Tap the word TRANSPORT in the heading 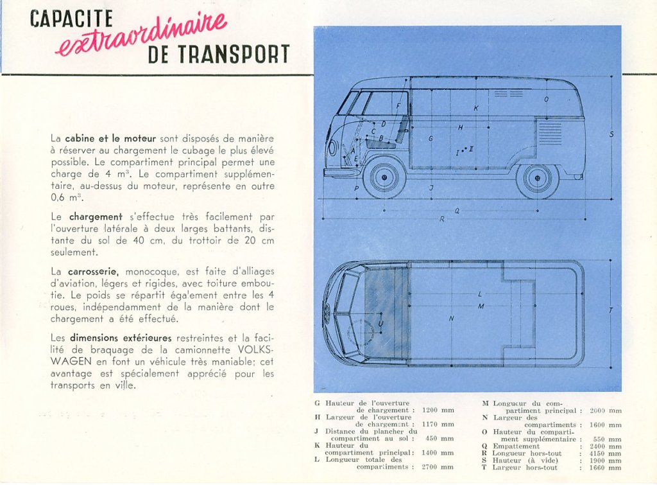click(x=234, y=54)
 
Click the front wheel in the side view click(x=384, y=177)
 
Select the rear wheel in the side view click(x=537, y=177)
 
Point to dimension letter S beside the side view click(x=611, y=134)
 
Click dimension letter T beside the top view click(x=611, y=310)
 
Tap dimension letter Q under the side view click(x=457, y=211)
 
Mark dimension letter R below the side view click(x=441, y=219)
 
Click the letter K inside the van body click(x=476, y=109)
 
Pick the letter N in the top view click(x=451, y=319)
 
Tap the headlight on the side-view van click(x=332, y=147)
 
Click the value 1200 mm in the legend click(x=438, y=410)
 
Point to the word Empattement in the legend click(x=516, y=446)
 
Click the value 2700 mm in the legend click(x=438, y=466)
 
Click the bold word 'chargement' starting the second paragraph click(x=96, y=217)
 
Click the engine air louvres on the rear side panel click(x=550, y=132)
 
